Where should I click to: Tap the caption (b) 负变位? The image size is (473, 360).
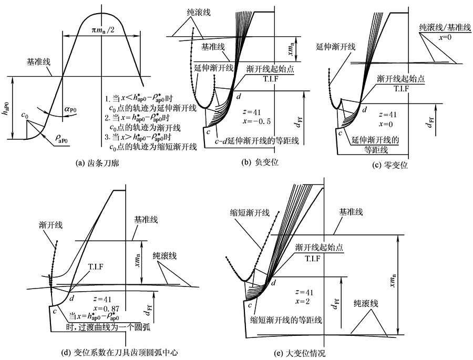tap(260, 163)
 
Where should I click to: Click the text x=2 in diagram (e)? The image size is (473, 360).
tap(305, 301)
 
